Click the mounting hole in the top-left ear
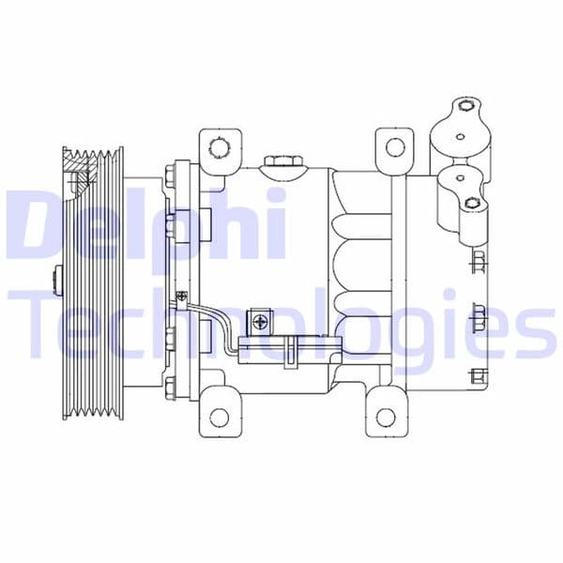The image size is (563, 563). click(218, 147)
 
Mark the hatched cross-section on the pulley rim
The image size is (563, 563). click(79, 173)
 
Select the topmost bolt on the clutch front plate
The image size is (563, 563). click(171, 174)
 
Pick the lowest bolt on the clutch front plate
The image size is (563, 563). click(171, 385)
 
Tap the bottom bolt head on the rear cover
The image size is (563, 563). click(479, 377)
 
